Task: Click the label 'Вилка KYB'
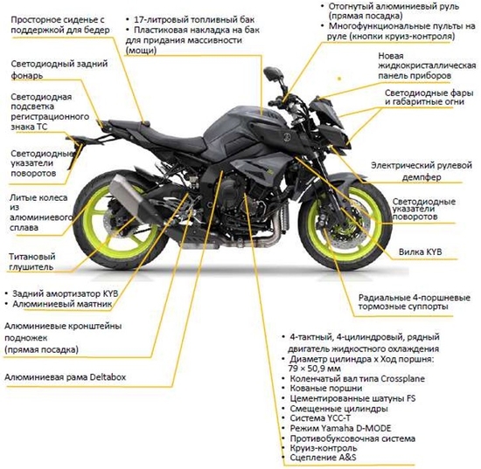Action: point(421,252)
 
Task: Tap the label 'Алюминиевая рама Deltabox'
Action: point(65,376)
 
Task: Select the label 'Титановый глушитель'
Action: point(31,262)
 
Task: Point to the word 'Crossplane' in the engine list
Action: point(402,379)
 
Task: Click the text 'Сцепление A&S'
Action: point(323,458)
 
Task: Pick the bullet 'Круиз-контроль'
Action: point(324,448)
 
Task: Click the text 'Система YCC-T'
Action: point(320,418)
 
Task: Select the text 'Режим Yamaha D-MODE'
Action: point(340,428)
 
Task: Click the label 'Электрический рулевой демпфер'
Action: point(422,171)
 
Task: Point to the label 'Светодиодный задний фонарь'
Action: point(59,69)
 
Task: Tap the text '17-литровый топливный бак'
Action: point(194,19)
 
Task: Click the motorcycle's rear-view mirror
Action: point(272,73)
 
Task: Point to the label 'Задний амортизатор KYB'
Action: point(65,293)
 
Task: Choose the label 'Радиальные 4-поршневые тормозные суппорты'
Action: point(415,302)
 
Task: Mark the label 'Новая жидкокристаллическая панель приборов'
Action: point(427,66)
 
